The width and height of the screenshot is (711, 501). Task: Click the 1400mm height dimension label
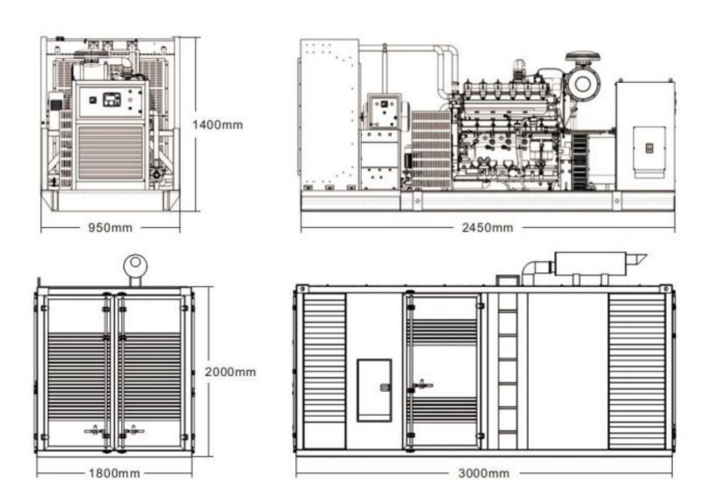coord(218,125)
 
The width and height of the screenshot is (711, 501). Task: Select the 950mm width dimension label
coord(110,228)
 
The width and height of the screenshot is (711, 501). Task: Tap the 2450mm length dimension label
coord(488,228)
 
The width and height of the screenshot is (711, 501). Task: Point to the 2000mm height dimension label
coord(230,372)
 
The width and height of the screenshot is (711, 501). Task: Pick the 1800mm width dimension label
coord(114,473)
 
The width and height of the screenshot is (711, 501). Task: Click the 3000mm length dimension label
coord(484,473)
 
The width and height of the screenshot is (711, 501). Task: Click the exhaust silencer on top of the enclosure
coord(591,263)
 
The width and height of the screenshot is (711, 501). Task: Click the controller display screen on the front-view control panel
coord(112,99)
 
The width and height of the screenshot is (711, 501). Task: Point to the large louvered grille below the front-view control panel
coord(111,153)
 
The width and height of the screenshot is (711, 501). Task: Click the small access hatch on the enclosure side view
coord(374,390)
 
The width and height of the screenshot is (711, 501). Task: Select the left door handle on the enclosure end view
coord(95,430)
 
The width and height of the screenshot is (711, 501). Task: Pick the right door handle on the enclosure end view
coord(135,430)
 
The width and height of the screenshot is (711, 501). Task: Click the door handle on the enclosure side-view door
coord(422,385)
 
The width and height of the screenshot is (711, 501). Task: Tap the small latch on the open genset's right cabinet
coord(649,148)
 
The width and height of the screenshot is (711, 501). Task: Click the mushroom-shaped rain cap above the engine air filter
coord(583,57)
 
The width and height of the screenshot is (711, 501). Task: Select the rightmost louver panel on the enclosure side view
coord(637,371)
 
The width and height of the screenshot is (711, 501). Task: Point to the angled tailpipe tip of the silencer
coord(638,260)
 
